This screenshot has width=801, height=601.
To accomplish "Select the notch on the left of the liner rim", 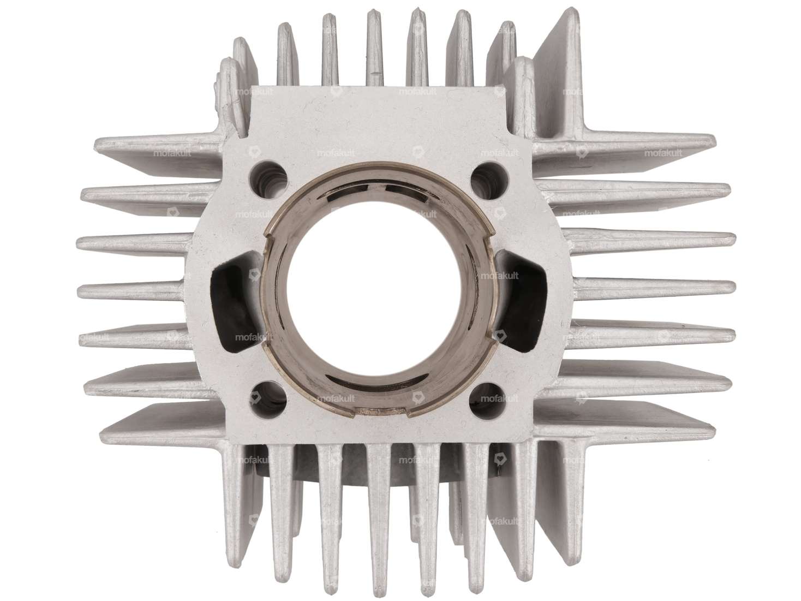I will click(266, 235).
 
